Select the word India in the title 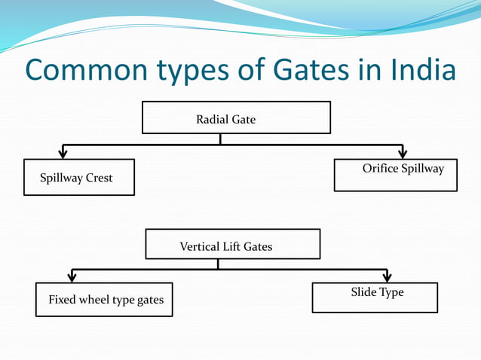coord(424,70)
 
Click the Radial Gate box coord(236,117)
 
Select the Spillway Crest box coord(79,177)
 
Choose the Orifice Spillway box coord(395,175)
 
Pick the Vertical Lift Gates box coord(232,244)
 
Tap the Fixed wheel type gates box coord(104,299)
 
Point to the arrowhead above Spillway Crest coord(63,153)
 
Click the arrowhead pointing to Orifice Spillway coord(403,153)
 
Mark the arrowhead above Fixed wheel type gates coord(72,276)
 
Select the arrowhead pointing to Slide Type coord(387,276)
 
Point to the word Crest coord(99,178)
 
